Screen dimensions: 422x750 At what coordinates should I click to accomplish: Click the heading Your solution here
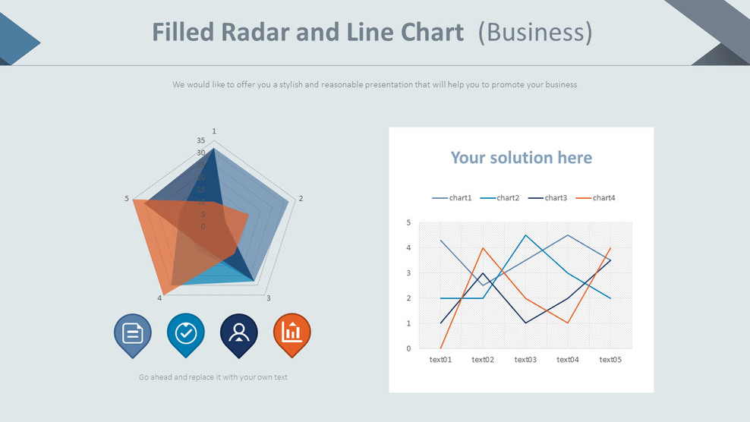(x=521, y=158)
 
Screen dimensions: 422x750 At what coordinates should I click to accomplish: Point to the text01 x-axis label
(x=440, y=360)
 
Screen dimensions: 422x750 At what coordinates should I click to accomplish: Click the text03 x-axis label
(x=525, y=360)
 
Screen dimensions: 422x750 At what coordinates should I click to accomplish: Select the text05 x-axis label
(x=610, y=360)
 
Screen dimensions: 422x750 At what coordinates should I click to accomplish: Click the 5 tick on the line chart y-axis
(x=408, y=222)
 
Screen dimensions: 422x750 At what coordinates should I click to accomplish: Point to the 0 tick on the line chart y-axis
(x=408, y=349)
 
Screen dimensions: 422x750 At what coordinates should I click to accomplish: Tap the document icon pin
(x=133, y=333)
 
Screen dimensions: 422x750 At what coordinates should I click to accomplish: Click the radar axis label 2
(x=301, y=199)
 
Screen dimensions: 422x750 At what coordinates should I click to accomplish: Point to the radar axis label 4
(x=159, y=298)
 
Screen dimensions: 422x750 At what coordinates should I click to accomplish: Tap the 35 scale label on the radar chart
(x=200, y=140)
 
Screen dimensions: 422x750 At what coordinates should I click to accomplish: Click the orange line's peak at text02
(x=483, y=248)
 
